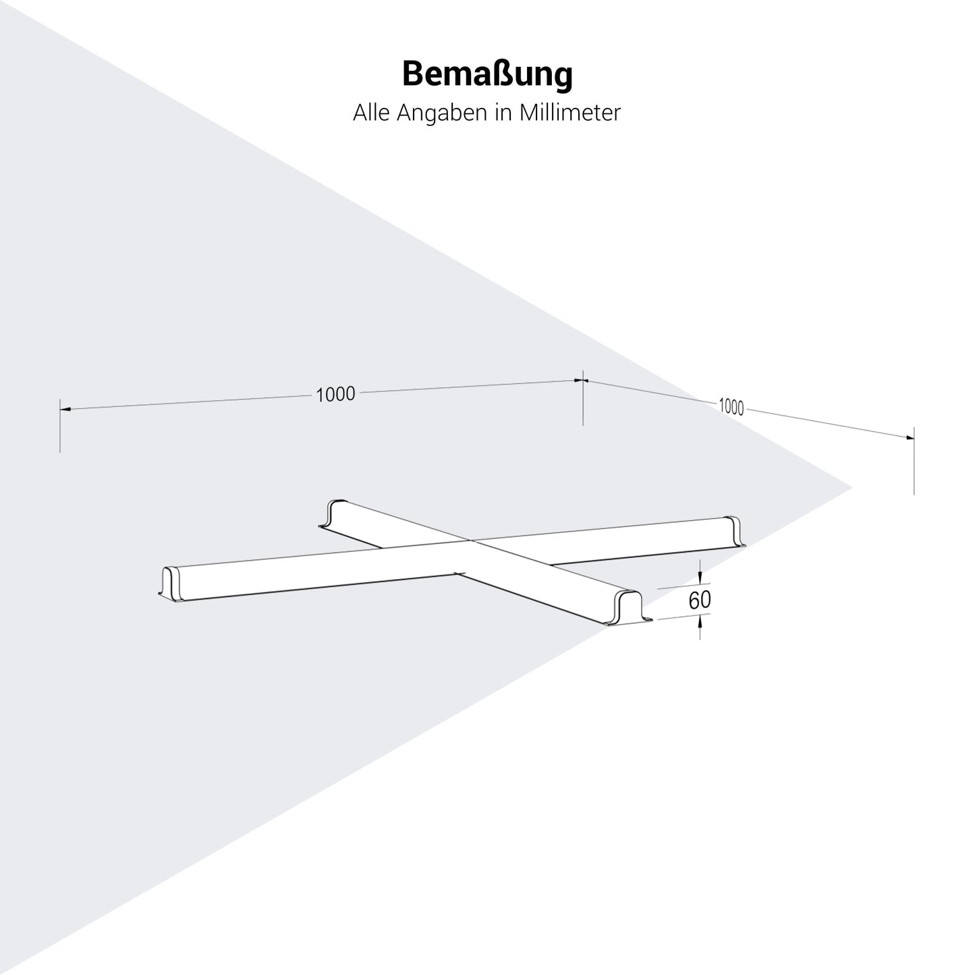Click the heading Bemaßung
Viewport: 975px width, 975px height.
(x=487, y=74)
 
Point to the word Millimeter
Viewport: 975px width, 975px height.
(x=569, y=113)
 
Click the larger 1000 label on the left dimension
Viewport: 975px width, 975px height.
(x=335, y=394)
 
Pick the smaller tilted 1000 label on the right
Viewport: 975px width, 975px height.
(x=731, y=406)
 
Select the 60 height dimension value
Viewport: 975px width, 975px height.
(x=700, y=600)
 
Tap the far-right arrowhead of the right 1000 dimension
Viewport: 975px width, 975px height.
(x=909, y=437)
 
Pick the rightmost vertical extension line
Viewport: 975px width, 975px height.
(x=914, y=466)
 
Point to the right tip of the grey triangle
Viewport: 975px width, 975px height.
(x=852, y=486)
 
